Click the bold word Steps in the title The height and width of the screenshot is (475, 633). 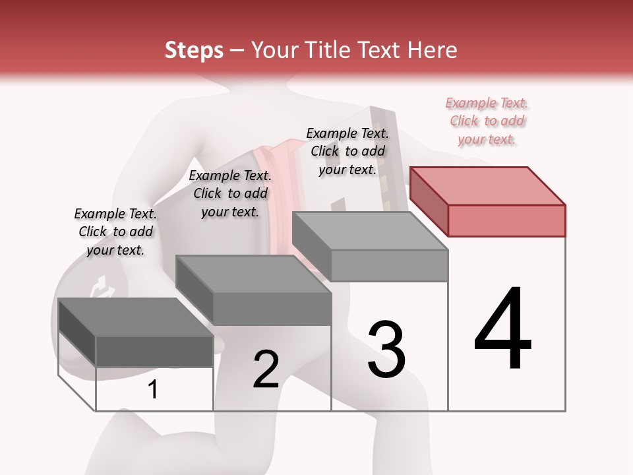[x=194, y=50]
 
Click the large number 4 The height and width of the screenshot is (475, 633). [x=502, y=330]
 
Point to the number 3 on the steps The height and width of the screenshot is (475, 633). [x=386, y=350]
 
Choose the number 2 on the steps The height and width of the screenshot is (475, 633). [x=266, y=369]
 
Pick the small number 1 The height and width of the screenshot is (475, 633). [x=153, y=390]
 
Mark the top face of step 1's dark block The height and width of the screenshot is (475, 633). [x=136, y=317]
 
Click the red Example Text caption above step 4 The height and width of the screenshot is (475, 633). [x=487, y=121]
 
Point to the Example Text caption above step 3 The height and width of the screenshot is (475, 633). [x=347, y=151]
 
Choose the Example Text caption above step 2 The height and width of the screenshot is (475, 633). [x=230, y=193]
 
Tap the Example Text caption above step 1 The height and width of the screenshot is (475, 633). [x=115, y=232]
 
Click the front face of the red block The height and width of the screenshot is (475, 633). [x=506, y=220]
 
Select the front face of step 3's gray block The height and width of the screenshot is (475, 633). [x=389, y=265]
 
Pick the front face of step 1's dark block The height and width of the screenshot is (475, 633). [x=154, y=351]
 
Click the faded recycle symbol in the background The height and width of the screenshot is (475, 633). [x=102, y=288]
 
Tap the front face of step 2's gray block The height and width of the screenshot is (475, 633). [x=272, y=309]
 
